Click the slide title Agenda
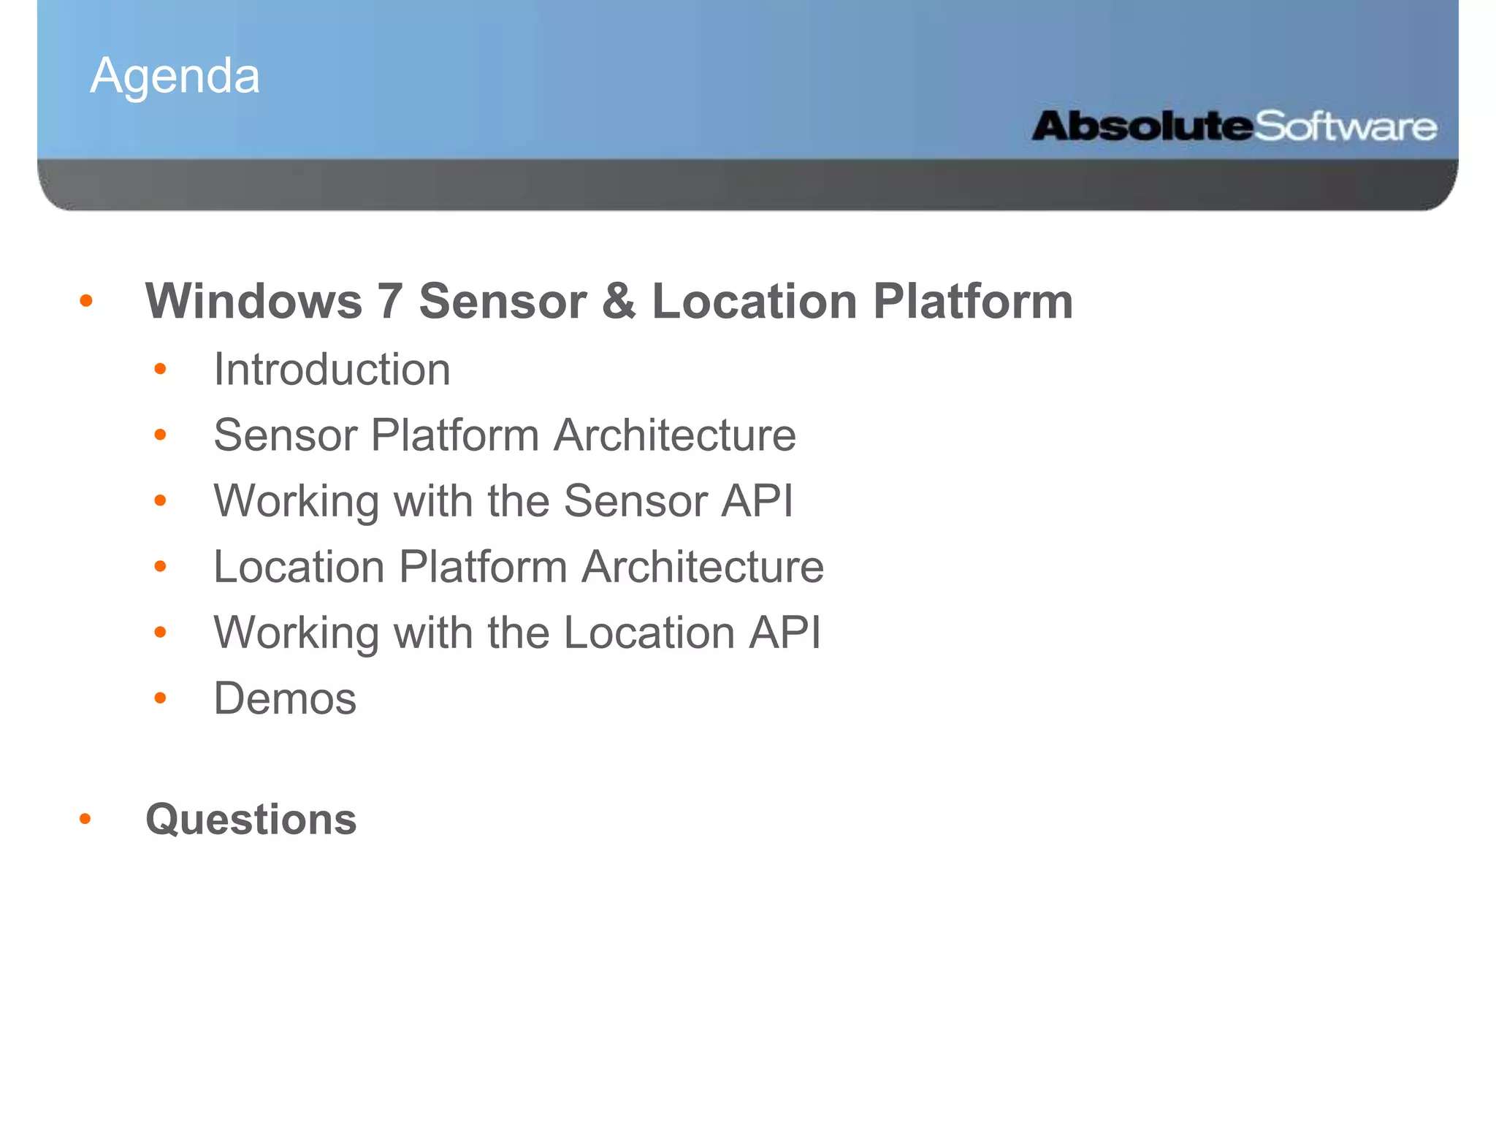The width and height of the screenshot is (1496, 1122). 175,76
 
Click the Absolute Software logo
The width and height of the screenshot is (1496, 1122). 1234,126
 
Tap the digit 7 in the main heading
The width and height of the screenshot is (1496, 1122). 390,301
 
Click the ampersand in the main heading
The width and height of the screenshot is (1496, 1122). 619,301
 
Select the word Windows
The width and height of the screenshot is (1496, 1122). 253,301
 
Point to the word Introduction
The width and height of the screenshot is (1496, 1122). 332,370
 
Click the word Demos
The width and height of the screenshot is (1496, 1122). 285,698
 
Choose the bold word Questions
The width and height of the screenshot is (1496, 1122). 251,820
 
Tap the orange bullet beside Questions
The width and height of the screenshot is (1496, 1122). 85,819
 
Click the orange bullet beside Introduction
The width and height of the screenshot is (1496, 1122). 161,370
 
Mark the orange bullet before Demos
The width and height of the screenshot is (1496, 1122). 161,698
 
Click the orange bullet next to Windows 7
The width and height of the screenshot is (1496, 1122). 86,300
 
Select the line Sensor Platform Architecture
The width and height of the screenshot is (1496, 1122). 504,435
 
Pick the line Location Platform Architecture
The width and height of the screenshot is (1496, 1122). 519,567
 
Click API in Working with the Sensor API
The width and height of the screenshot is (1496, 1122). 757,501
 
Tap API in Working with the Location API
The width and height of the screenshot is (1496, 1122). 785,633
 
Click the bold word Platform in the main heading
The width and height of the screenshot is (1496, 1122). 973,301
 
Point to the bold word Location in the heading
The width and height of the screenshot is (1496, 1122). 754,301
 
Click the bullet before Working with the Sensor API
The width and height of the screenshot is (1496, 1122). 161,501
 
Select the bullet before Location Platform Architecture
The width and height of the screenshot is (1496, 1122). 161,567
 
